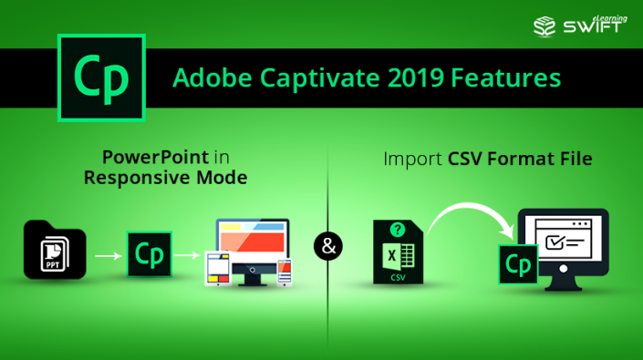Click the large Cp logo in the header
tap(101, 78)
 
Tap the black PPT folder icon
tap(55, 250)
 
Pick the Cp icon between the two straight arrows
tap(149, 254)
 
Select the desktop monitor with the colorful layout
tap(254, 245)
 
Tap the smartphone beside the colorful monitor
tap(285, 272)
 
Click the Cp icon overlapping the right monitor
tap(517, 264)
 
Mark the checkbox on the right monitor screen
tap(554, 242)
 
